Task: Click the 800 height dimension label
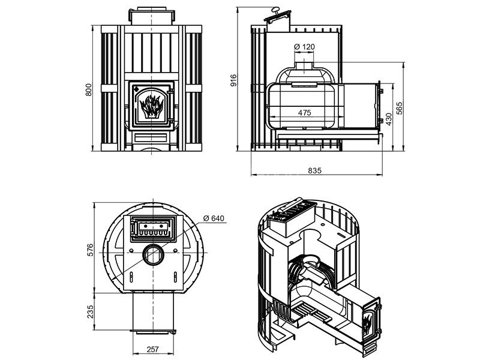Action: pyautogui.click(x=88, y=89)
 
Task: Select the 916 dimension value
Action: pyautogui.click(x=235, y=80)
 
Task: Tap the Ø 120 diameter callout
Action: pyautogui.click(x=305, y=47)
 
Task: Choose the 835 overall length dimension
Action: pyautogui.click(x=314, y=170)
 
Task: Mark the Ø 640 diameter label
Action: pyautogui.click(x=213, y=218)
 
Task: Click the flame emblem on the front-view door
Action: pyautogui.click(x=151, y=107)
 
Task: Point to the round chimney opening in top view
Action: pyautogui.click(x=152, y=255)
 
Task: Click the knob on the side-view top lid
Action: pyautogui.click(x=277, y=10)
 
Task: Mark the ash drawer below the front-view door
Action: pyautogui.click(x=151, y=139)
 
